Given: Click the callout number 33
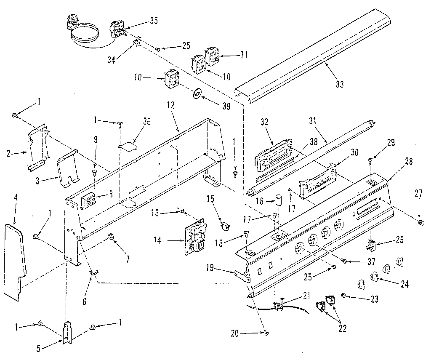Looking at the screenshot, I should (x=340, y=84).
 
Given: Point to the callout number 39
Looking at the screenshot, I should (x=226, y=106).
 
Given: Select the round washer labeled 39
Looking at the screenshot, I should (x=197, y=94).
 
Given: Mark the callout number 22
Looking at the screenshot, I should (x=342, y=328).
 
